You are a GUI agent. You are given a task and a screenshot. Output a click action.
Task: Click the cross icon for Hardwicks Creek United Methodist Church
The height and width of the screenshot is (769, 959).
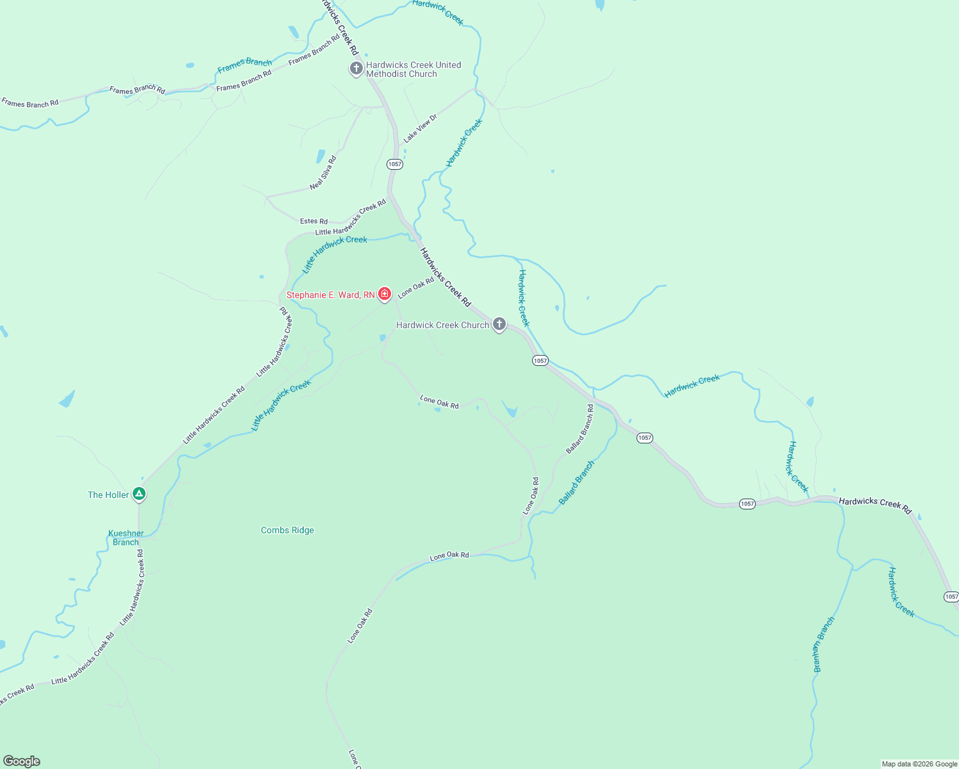coord(356,68)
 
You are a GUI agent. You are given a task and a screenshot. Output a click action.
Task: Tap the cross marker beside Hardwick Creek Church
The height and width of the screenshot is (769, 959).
coord(499,324)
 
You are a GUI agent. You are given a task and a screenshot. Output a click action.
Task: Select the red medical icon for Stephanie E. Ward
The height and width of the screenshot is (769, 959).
coord(385,294)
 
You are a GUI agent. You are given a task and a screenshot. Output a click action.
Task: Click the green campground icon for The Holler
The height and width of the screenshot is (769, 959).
coord(139,493)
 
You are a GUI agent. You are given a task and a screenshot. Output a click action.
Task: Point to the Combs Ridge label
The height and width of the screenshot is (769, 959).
coord(287,530)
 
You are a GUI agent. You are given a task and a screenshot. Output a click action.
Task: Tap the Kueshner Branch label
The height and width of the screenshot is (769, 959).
coord(126,538)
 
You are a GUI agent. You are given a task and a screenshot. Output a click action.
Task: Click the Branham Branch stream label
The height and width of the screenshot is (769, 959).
coord(824,644)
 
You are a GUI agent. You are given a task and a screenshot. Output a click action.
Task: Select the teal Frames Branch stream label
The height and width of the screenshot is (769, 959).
coord(244,65)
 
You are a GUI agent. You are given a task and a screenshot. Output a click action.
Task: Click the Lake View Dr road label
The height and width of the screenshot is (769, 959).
coord(420,128)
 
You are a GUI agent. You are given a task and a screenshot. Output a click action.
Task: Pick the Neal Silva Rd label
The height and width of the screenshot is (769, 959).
coord(323,173)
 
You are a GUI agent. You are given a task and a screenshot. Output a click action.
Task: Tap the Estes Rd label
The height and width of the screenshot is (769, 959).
coord(313,221)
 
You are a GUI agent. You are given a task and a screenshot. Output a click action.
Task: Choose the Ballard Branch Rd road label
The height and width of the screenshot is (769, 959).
coord(580,429)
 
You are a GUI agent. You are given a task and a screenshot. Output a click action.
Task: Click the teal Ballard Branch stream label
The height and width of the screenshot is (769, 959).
coord(576,483)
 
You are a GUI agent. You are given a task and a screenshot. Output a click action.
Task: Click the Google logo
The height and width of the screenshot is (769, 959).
coord(22,761)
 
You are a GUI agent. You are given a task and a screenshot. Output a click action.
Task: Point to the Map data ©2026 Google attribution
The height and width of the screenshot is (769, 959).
coord(919,764)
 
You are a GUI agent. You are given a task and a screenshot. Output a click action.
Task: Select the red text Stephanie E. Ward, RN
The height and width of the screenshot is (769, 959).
coord(330,295)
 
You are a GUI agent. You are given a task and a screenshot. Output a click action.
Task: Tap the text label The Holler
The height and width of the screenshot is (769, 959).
coord(108,495)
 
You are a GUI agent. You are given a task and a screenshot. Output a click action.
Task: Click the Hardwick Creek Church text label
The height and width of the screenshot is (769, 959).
coord(442,325)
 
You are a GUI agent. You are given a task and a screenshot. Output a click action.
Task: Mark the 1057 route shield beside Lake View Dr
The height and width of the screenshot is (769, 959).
coord(395,164)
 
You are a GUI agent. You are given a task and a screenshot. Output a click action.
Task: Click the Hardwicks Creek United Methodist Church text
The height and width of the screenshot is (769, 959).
coord(413,69)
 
